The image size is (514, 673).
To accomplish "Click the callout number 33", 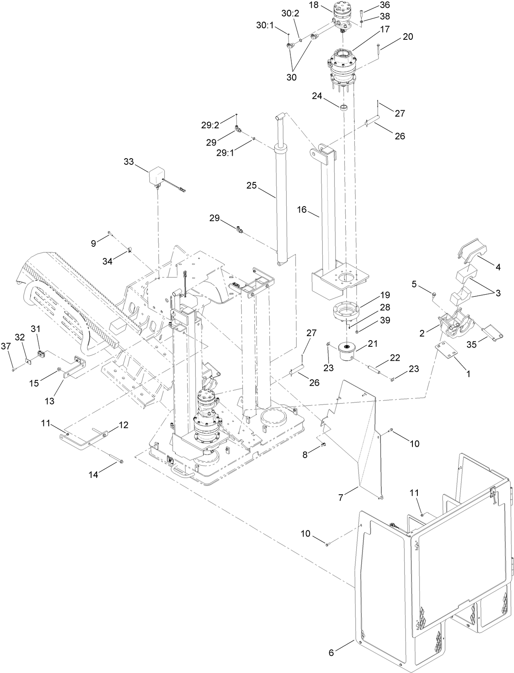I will pyautogui.click(x=129, y=161).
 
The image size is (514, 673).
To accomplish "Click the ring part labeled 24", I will pyautogui.click(x=344, y=107).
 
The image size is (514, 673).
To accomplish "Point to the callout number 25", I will pyautogui.click(x=251, y=185).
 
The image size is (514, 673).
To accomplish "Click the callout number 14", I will pyautogui.click(x=93, y=475).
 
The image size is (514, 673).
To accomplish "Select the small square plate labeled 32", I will pyautogui.click(x=28, y=361).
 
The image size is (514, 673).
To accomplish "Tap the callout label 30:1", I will pyautogui.click(x=265, y=25).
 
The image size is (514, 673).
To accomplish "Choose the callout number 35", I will pyautogui.click(x=472, y=345).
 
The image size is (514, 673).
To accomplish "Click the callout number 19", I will pyautogui.click(x=385, y=295).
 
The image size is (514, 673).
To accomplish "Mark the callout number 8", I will pyautogui.click(x=305, y=454).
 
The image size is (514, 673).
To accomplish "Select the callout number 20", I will pyautogui.click(x=408, y=36).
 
